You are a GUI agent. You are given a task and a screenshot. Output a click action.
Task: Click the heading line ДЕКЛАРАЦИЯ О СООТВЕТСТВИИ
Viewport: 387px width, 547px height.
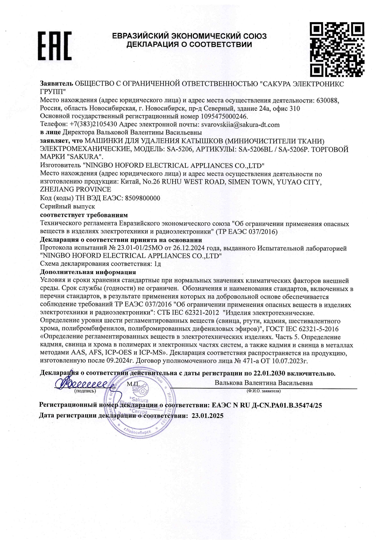click(189, 45)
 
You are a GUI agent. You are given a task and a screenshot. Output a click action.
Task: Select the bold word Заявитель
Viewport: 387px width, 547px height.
click(56, 84)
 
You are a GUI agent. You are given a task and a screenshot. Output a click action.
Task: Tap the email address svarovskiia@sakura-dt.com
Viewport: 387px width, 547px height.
click(240, 125)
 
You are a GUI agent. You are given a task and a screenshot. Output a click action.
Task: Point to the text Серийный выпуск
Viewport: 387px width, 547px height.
click(68, 206)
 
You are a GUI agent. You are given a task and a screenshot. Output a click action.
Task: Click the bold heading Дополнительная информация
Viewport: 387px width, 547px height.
click(88, 272)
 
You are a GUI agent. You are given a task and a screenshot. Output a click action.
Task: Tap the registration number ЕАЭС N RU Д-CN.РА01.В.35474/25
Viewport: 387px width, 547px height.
click(267, 405)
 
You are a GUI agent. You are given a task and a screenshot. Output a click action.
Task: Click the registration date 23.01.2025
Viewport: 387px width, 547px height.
click(208, 416)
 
